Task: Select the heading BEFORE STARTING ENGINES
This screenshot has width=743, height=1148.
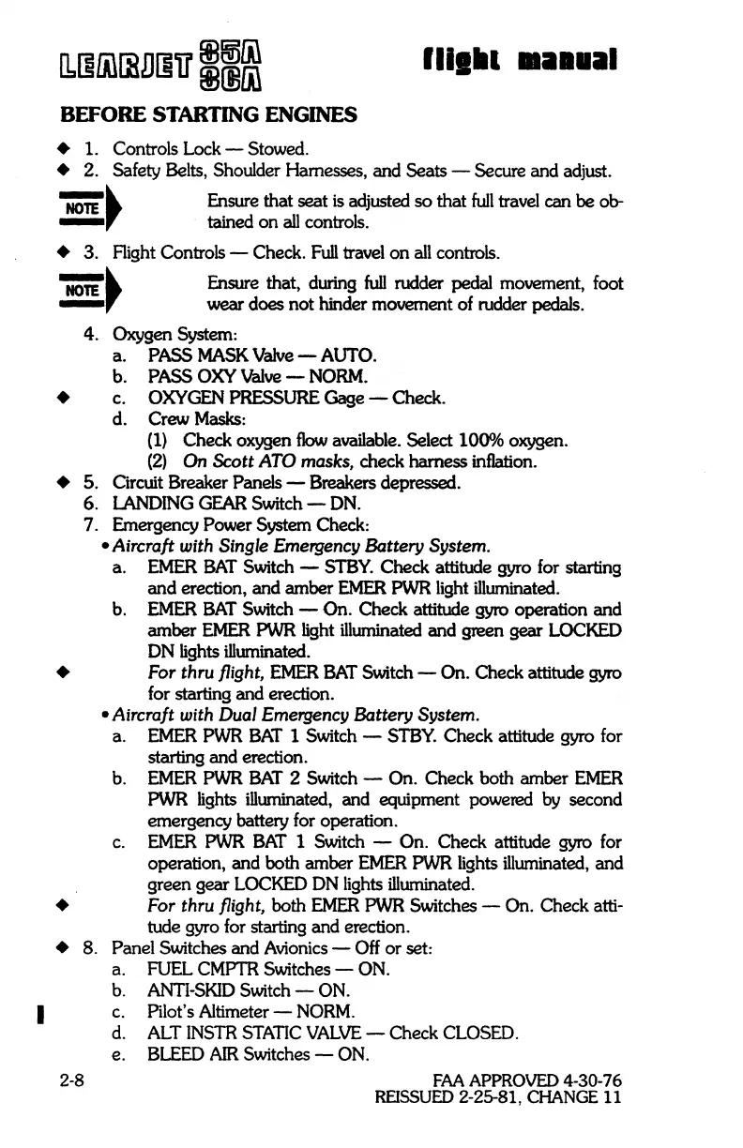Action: [208, 115]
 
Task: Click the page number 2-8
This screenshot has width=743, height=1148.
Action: [72, 1080]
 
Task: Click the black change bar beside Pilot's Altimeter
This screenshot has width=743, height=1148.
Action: [40, 1013]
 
